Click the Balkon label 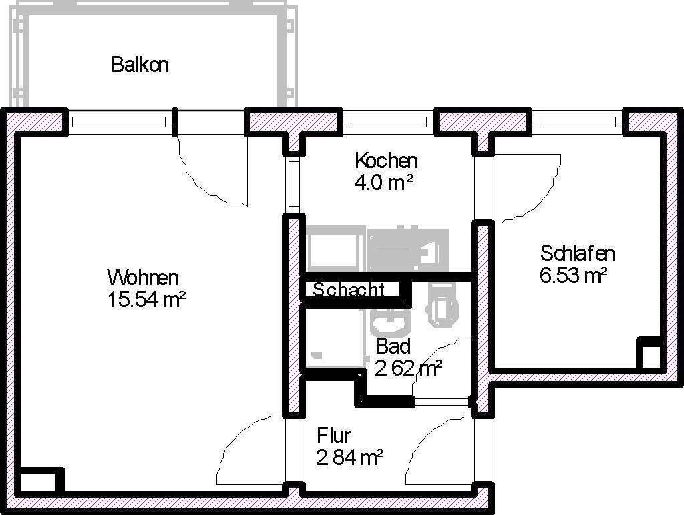tap(140, 65)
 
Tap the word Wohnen tap(143, 277)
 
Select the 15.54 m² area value tap(146, 300)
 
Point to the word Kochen tap(386, 161)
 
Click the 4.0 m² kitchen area tap(384, 182)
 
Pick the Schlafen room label tap(577, 253)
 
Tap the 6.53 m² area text tap(573, 275)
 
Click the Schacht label tap(348, 290)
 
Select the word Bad tap(393, 346)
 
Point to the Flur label tap(334, 436)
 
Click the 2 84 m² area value tap(350, 458)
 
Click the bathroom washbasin tap(389, 322)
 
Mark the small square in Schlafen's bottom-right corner tap(649, 354)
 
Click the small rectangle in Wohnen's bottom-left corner tap(37, 482)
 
